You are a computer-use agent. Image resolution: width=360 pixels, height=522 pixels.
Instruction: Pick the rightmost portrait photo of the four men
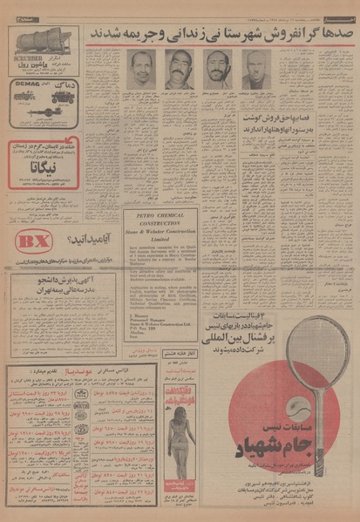[255, 71]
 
